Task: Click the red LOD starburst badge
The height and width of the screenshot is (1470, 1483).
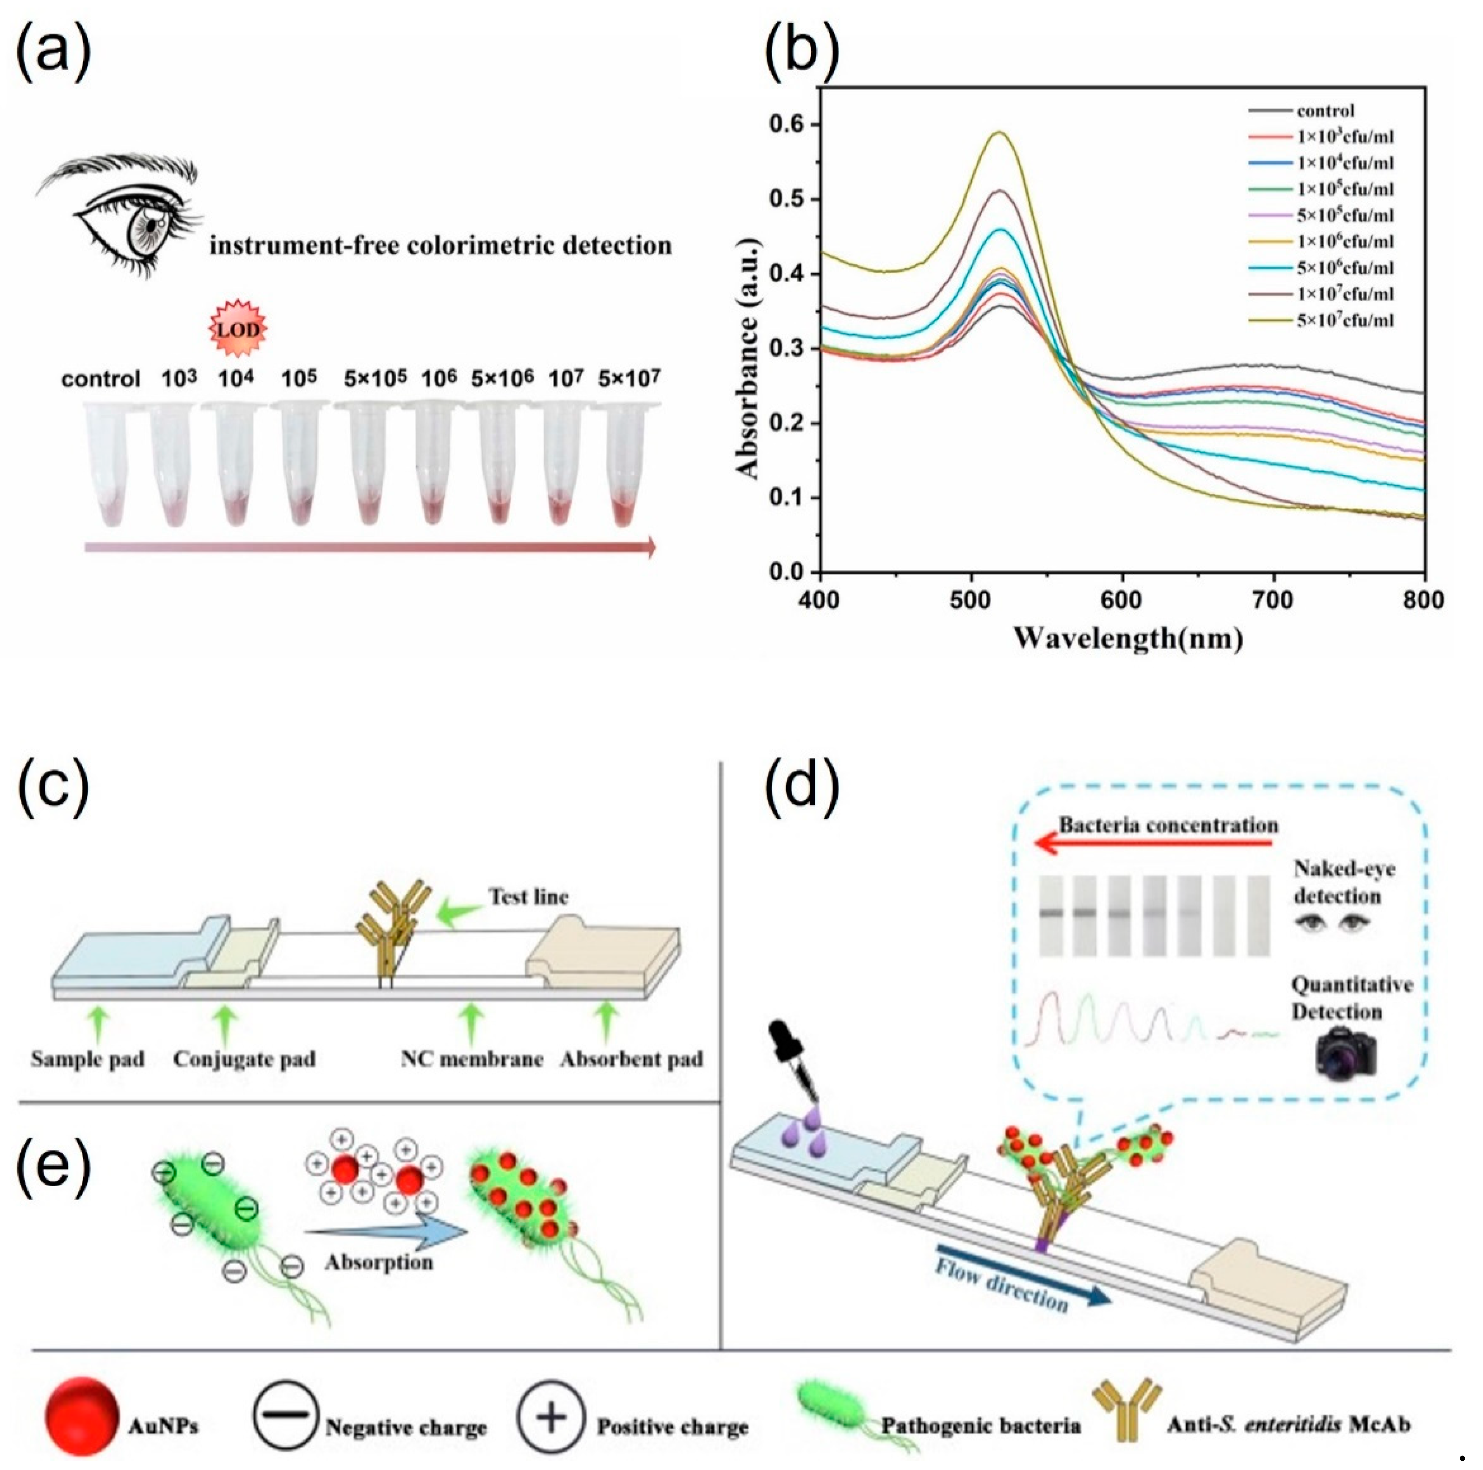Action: coord(238,329)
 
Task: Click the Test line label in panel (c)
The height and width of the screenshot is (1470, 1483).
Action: coord(529,897)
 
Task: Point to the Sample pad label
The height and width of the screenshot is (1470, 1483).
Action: coord(87,1059)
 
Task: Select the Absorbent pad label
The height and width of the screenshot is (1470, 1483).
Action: coord(631,1059)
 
